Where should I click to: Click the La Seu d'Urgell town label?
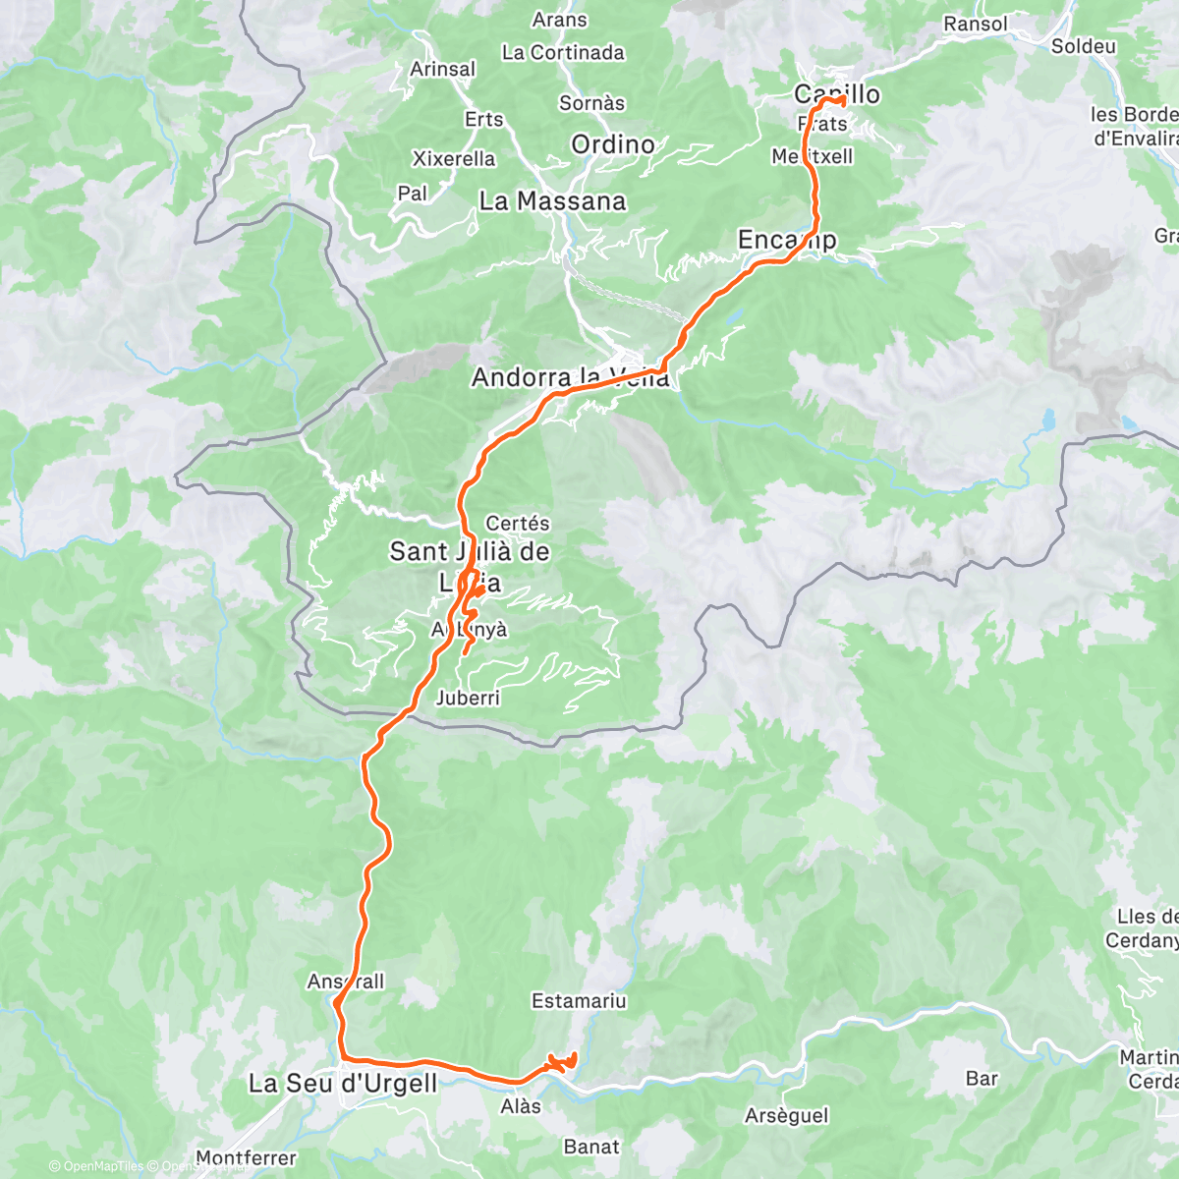[342, 1084]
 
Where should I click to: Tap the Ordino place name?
[613, 144]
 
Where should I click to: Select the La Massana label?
[552, 201]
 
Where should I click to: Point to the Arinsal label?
[443, 69]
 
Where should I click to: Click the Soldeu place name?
[1083, 46]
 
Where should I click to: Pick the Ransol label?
[975, 24]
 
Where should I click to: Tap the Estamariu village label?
[579, 1001]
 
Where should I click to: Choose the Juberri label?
[468, 698]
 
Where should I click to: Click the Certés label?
[518, 524]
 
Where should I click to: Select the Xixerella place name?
[454, 158]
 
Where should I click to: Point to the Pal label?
[413, 194]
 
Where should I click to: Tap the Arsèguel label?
[787, 1116]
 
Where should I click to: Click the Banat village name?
[591, 1147]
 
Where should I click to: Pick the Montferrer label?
[247, 1158]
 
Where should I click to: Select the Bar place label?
[982, 1078]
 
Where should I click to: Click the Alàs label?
[521, 1106]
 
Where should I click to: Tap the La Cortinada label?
[563, 52]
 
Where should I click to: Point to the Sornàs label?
[591, 102]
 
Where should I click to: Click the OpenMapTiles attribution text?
[102, 1166]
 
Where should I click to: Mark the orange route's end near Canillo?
[843, 100]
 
